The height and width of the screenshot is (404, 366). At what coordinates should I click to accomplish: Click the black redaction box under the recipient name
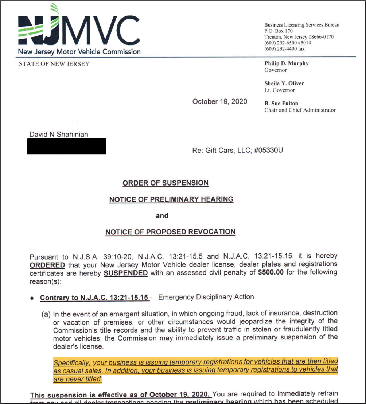(x=67, y=146)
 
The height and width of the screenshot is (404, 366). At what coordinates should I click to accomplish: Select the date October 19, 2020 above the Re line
(x=219, y=101)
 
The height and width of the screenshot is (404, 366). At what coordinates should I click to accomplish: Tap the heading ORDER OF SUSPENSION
(x=166, y=183)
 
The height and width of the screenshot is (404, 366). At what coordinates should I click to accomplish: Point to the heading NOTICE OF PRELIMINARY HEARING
(x=171, y=199)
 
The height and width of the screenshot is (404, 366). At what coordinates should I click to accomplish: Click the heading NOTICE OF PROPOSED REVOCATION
(x=170, y=232)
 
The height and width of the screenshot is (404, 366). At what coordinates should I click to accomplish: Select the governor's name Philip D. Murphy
(x=287, y=63)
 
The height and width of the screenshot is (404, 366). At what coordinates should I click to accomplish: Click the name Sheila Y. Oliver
(x=284, y=83)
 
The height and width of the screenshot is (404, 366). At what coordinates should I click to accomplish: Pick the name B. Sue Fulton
(x=281, y=104)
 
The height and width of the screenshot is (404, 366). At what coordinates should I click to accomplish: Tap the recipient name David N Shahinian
(x=59, y=134)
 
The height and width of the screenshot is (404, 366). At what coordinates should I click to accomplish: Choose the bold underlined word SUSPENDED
(x=126, y=273)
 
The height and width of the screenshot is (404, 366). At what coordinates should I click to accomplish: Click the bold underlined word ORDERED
(x=47, y=265)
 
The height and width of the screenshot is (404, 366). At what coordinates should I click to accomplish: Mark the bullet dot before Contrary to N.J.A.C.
(x=32, y=298)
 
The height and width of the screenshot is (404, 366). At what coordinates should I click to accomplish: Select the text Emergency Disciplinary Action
(x=206, y=297)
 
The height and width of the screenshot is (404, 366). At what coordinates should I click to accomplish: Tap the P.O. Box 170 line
(x=279, y=31)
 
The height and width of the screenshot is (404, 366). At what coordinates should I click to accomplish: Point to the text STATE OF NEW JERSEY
(x=54, y=64)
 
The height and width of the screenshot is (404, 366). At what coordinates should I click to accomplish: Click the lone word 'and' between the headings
(x=162, y=216)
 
